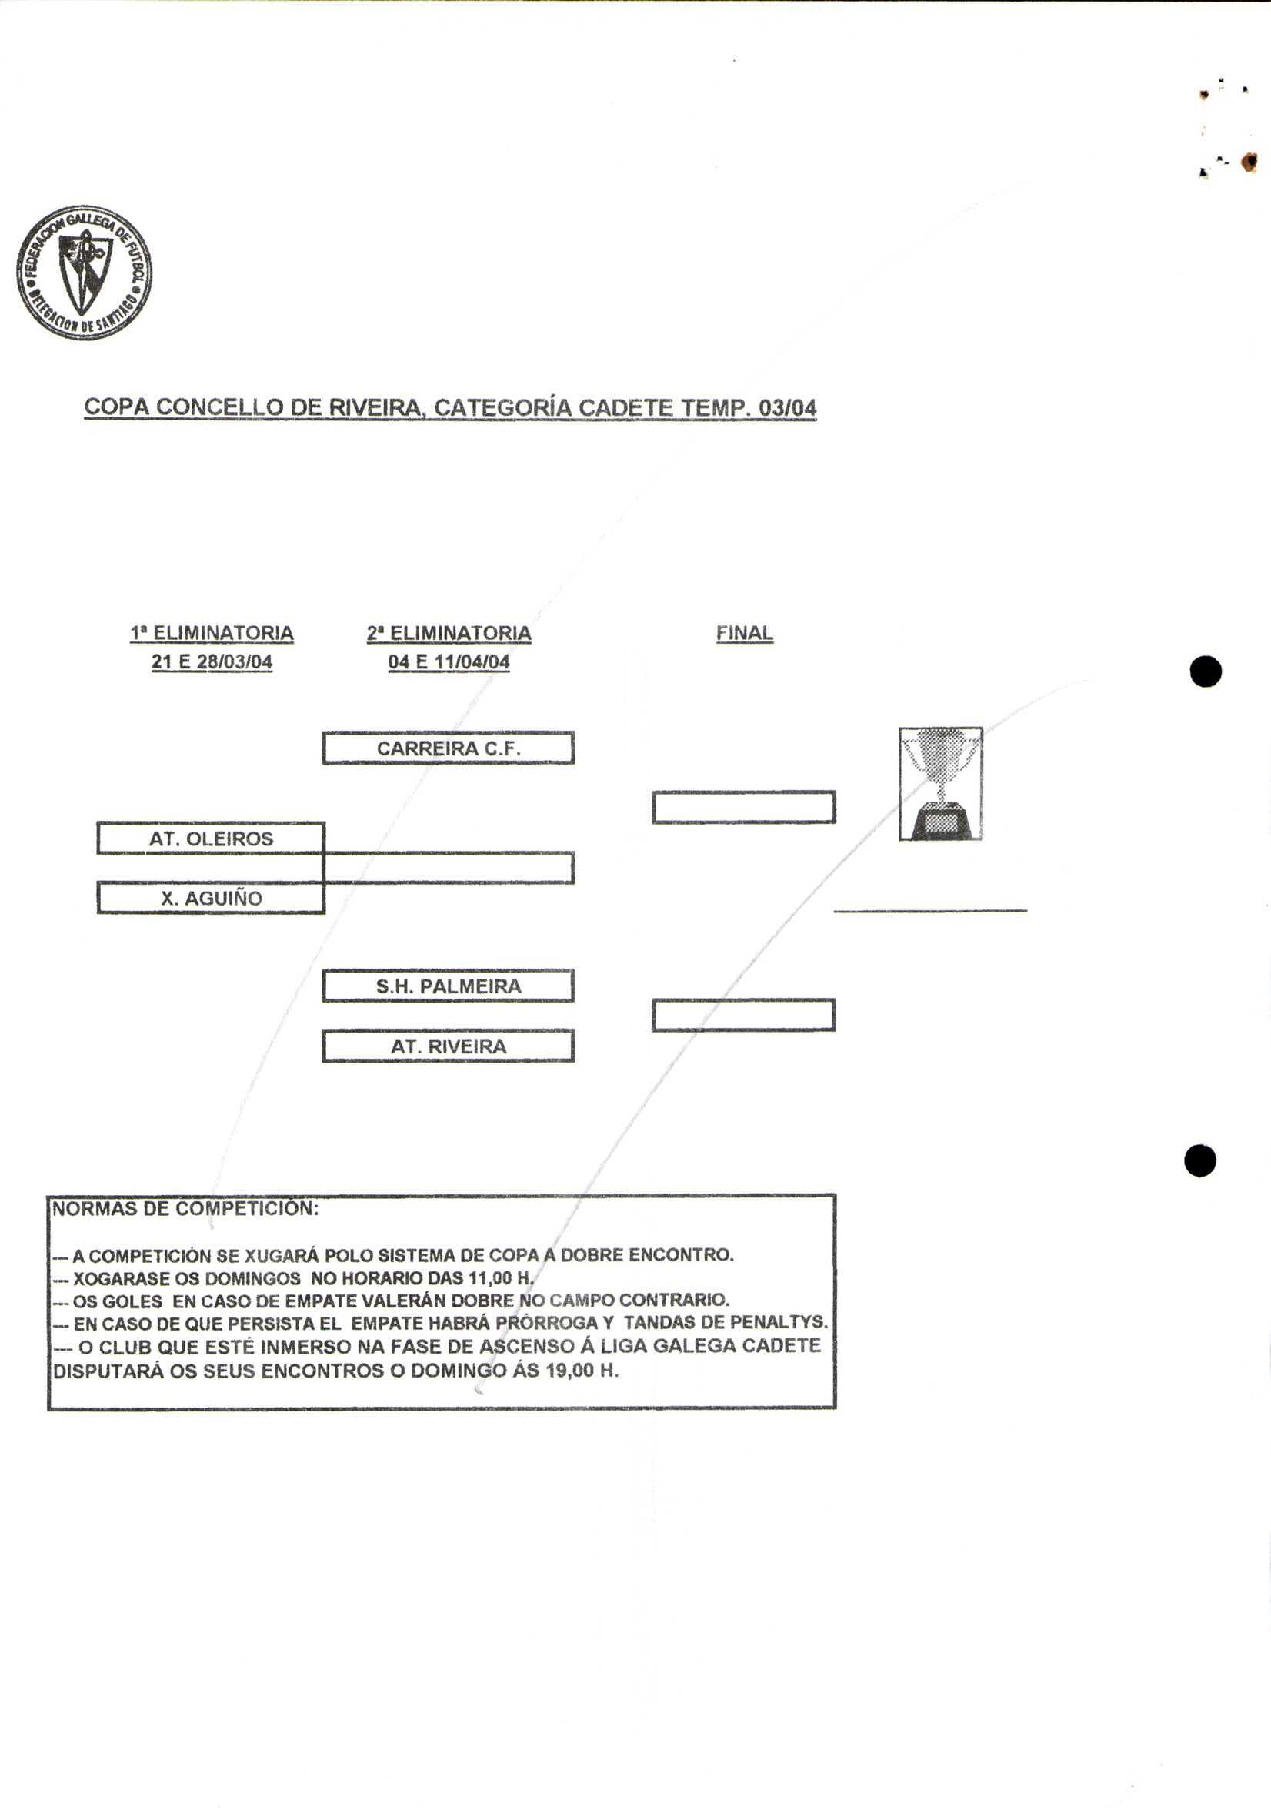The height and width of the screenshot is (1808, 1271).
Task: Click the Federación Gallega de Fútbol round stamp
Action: (83, 273)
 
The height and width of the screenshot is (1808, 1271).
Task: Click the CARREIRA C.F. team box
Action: (448, 748)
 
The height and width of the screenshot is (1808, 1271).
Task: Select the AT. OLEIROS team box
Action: (211, 839)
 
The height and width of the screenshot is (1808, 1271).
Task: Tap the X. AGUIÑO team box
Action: (211, 899)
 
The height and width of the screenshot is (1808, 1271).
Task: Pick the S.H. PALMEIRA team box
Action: (448, 986)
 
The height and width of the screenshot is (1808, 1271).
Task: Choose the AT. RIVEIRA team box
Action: (448, 1046)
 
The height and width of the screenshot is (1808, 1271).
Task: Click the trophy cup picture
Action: (940, 784)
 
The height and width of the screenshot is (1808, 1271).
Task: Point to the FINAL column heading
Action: (744, 633)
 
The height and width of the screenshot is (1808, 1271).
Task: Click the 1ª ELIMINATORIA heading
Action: (212, 633)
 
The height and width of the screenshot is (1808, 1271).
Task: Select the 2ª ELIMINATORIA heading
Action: (449, 633)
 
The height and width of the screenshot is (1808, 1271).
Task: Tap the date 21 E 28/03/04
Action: (212, 661)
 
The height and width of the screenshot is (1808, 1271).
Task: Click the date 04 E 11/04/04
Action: (449, 661)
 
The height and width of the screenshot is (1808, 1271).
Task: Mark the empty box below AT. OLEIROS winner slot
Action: (449, 868)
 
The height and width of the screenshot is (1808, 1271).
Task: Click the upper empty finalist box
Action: (744, 807)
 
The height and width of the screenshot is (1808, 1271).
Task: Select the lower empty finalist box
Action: (744, 1015)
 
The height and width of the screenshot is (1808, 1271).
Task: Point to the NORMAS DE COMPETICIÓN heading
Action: (185, 1209)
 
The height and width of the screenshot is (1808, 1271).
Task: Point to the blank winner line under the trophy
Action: (930, 909)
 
